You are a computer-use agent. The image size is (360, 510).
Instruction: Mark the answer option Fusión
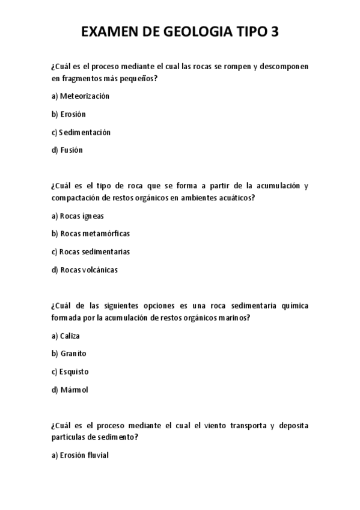pyautogui.click(x=72, y=150)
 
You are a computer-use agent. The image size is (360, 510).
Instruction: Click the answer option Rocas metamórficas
pyautogui.click(x=95, y=233)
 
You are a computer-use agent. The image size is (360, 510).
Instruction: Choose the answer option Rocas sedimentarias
pyautogui.click(x=95, y=251)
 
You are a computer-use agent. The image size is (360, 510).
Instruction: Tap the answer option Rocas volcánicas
pyautogui.click(x=89, y=269)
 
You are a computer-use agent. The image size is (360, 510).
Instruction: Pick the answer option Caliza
pyautogui.click(x=70, y=336)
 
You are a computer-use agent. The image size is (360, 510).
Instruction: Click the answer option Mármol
pyautogui.click(x=74, y=390)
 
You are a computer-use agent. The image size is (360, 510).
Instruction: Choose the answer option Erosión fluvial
pyautogui.click(x=84, y=455)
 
